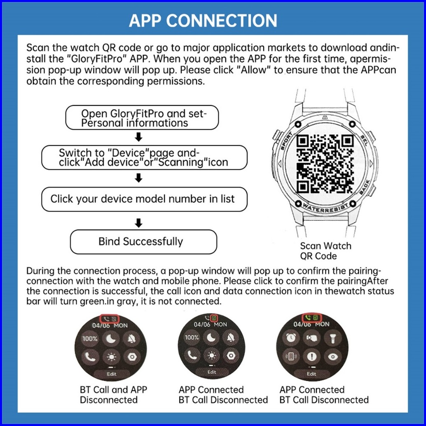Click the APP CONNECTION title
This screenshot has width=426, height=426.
click(203, 20)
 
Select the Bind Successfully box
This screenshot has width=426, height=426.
click(143, 241)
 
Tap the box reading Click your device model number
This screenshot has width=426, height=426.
click(144, 199)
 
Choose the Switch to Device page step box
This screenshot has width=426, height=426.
click(144, 157)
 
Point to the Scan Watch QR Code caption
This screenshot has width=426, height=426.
click(325, 251)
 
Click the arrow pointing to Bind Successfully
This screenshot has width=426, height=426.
click(139, 223)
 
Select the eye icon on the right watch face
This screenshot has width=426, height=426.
click(332, 356)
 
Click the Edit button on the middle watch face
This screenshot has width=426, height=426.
click(212, 372)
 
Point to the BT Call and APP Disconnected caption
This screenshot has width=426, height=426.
click(113, 395)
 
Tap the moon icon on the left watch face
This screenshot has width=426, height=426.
click(111, 338)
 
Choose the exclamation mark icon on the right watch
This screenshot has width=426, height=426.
click(312, 356)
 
